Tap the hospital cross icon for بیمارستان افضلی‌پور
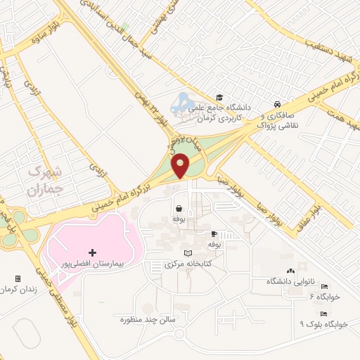point(92,252)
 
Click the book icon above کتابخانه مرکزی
point(186,253)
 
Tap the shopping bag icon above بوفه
point(179,208)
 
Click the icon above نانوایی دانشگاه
point(290,271)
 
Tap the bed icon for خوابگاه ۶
point(324,287)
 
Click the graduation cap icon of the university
point(219,97)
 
